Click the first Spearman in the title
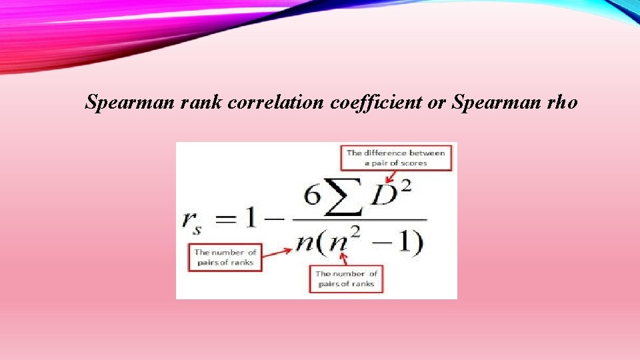tap(127, 102)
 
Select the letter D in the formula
tap(383, 197)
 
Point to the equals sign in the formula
tap(228, 219)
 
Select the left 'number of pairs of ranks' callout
tap(225, 257)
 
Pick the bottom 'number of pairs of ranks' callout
tap(346, 279)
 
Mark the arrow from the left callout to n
tap(276, 251)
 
